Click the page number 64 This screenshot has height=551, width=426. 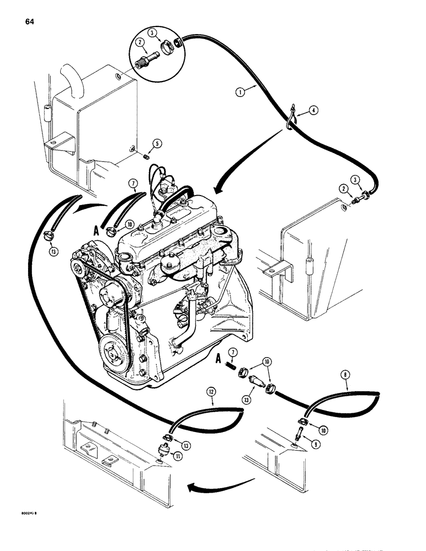click(x=30, y=22)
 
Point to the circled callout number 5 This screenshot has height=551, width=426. click(x=158, y=144)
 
